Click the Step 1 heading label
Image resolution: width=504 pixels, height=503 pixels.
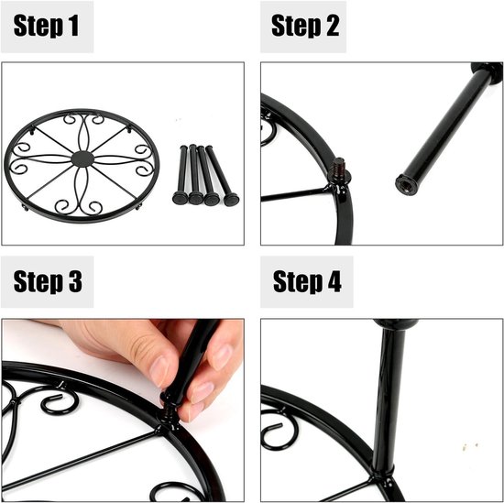[46, 26]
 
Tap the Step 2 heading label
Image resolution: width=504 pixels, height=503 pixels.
[305, 26]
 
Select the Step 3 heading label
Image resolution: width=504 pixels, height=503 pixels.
[48, 281]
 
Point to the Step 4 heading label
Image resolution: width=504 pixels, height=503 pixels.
[307, 281]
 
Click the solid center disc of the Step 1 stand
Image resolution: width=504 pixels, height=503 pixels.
[82, 159]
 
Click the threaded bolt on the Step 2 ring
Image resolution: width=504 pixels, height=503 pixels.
[339, 168]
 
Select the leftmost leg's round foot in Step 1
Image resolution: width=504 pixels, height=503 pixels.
[180, 198]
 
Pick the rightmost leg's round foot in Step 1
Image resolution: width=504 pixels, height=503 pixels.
[231, 199]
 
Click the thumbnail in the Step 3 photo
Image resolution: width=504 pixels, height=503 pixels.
[159, 372]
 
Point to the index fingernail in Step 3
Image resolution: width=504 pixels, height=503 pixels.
[222, 357]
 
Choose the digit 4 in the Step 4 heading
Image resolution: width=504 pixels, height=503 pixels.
[334, 280]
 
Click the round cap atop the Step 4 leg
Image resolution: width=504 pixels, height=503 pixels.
[396, 323]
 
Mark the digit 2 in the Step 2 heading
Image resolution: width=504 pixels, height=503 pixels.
[333, 26]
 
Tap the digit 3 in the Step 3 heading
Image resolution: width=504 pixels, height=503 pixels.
[75, 280]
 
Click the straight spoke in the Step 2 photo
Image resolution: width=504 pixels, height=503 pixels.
[294, 194]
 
